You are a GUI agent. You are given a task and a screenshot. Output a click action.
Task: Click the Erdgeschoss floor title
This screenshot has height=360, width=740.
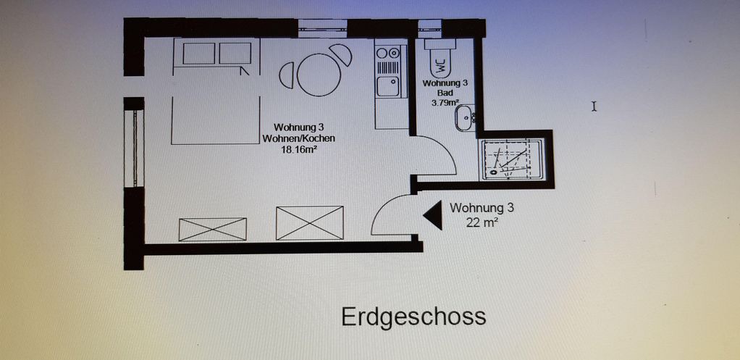(x=413, y=317)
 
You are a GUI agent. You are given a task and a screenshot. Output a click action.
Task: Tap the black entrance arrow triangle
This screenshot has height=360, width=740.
(x=434, y=215)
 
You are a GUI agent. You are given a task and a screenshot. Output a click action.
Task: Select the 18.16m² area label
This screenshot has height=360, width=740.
(x=299, y=150)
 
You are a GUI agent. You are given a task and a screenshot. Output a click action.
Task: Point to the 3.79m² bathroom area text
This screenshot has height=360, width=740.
(x=445, y=102)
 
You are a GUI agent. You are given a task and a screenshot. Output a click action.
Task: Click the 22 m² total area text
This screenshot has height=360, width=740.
(x=482, y=222)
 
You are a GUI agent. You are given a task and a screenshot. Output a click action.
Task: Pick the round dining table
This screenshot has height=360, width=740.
(x=319, y=75)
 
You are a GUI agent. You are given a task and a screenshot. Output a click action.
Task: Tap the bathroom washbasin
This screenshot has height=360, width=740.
(x=464, y=118)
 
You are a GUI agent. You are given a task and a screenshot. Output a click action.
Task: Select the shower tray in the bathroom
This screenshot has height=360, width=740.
(x=510, y=159)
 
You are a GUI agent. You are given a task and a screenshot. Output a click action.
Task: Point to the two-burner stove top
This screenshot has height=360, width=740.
(x=388, y=53)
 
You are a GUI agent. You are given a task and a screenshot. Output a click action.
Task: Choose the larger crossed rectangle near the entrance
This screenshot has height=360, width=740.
(x=310, y=222)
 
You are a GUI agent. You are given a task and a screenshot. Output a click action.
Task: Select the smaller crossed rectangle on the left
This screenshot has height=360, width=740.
(x=213, y=230)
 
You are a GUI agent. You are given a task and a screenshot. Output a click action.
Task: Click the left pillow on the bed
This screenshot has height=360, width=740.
(x=198, y=54)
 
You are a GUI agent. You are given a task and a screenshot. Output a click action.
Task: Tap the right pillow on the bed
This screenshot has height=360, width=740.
(x=235, y=54)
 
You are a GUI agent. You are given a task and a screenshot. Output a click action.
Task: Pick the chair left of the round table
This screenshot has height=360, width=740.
(x=287, y=75)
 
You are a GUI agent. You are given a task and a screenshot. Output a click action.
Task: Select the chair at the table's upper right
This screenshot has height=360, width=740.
(x=342, y=55)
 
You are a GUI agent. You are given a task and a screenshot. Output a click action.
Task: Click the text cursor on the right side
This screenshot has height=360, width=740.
(x=594, y=106)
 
